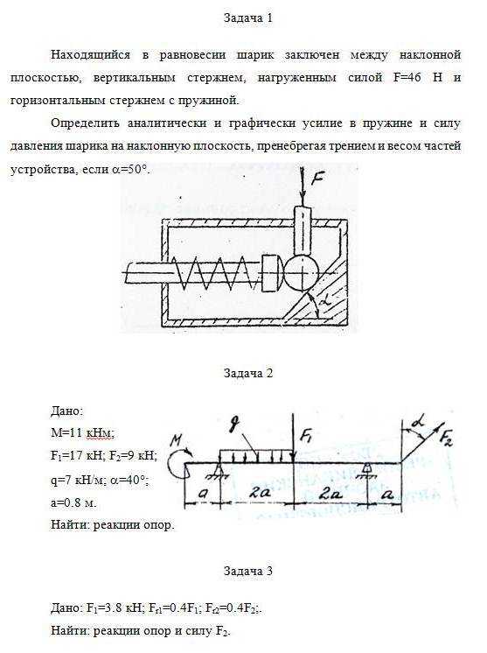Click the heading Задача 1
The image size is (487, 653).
(x=248, y=18)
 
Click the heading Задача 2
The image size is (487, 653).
(x=248, y=373)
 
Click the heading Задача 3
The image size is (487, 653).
(x=248, y=571)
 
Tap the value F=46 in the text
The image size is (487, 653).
(x=407, y=77)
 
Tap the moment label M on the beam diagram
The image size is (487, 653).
(x=177, y=440)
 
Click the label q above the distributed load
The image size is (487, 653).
(x=236, y=426)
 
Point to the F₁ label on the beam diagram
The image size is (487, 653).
(x=307, y=436)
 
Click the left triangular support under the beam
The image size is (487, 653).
(x=219, y=471)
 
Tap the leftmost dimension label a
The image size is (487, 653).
(x=203, y=494)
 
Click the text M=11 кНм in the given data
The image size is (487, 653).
(x=82, y=432)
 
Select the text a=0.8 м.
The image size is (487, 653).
(x=73, y=502)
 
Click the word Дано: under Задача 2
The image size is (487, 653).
(x=67, y=411)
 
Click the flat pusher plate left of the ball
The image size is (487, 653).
(x=269, y=273)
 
